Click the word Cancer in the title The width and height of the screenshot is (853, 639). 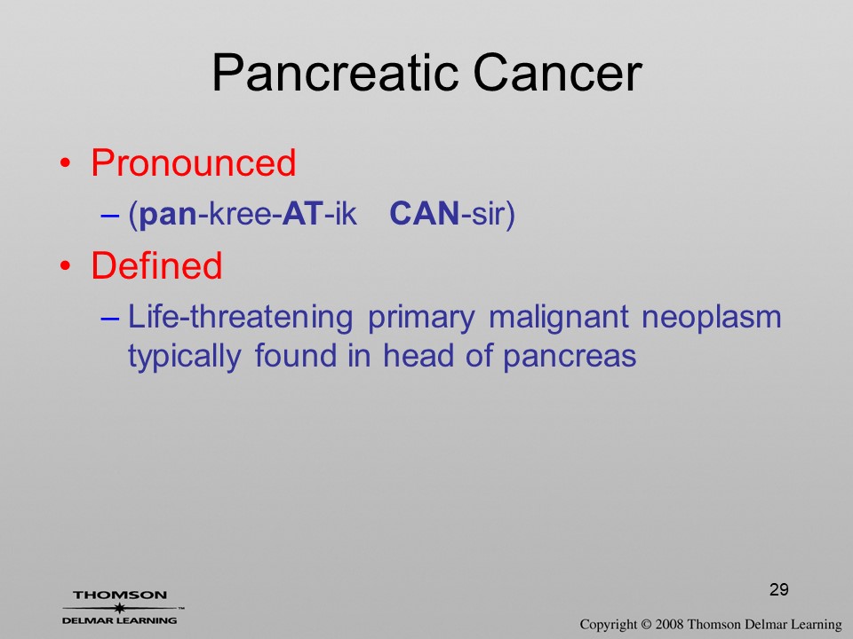pos(558,73)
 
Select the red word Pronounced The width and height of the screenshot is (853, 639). pos(193,162)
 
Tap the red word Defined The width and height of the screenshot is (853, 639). pos(156,265)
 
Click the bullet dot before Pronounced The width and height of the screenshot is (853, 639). pos(65,163)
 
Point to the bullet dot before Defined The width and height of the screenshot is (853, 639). pos(65,265)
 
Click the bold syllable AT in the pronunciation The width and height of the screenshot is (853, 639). pos(302,214)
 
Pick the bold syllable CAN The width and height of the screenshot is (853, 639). pos(425,214)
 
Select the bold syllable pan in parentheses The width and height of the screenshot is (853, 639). pos(168,215)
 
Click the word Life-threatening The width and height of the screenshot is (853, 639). pos(240,317)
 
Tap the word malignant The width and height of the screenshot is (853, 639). pos(559,318)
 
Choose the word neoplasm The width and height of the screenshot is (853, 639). pos(712,318)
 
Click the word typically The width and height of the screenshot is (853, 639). pos(185,357)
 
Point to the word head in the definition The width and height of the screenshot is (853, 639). pos(419,356)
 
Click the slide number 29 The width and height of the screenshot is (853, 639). pos(779,589)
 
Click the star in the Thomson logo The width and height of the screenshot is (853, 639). pos(119,608)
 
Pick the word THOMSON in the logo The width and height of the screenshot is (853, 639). pos(120,595)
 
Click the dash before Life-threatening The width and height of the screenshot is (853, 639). pos(109,319)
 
